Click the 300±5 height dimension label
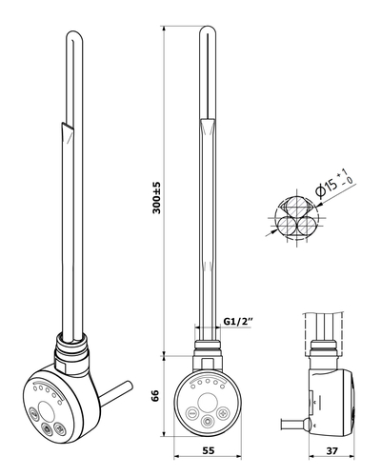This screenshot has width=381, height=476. (x=157, y=198)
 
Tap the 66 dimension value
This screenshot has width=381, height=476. (x=155, y=396)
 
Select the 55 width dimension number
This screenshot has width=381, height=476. (x=208, y=450)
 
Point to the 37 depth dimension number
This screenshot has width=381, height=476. (x=331, y=450)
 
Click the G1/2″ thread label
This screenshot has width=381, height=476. (x=238, y=321)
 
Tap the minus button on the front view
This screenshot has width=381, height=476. (x=192, y=413)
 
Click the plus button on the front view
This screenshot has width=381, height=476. (x=223, y=413)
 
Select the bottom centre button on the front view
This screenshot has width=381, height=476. (x=208, y=422)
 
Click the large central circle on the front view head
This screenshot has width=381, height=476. (x=208, y=401)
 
